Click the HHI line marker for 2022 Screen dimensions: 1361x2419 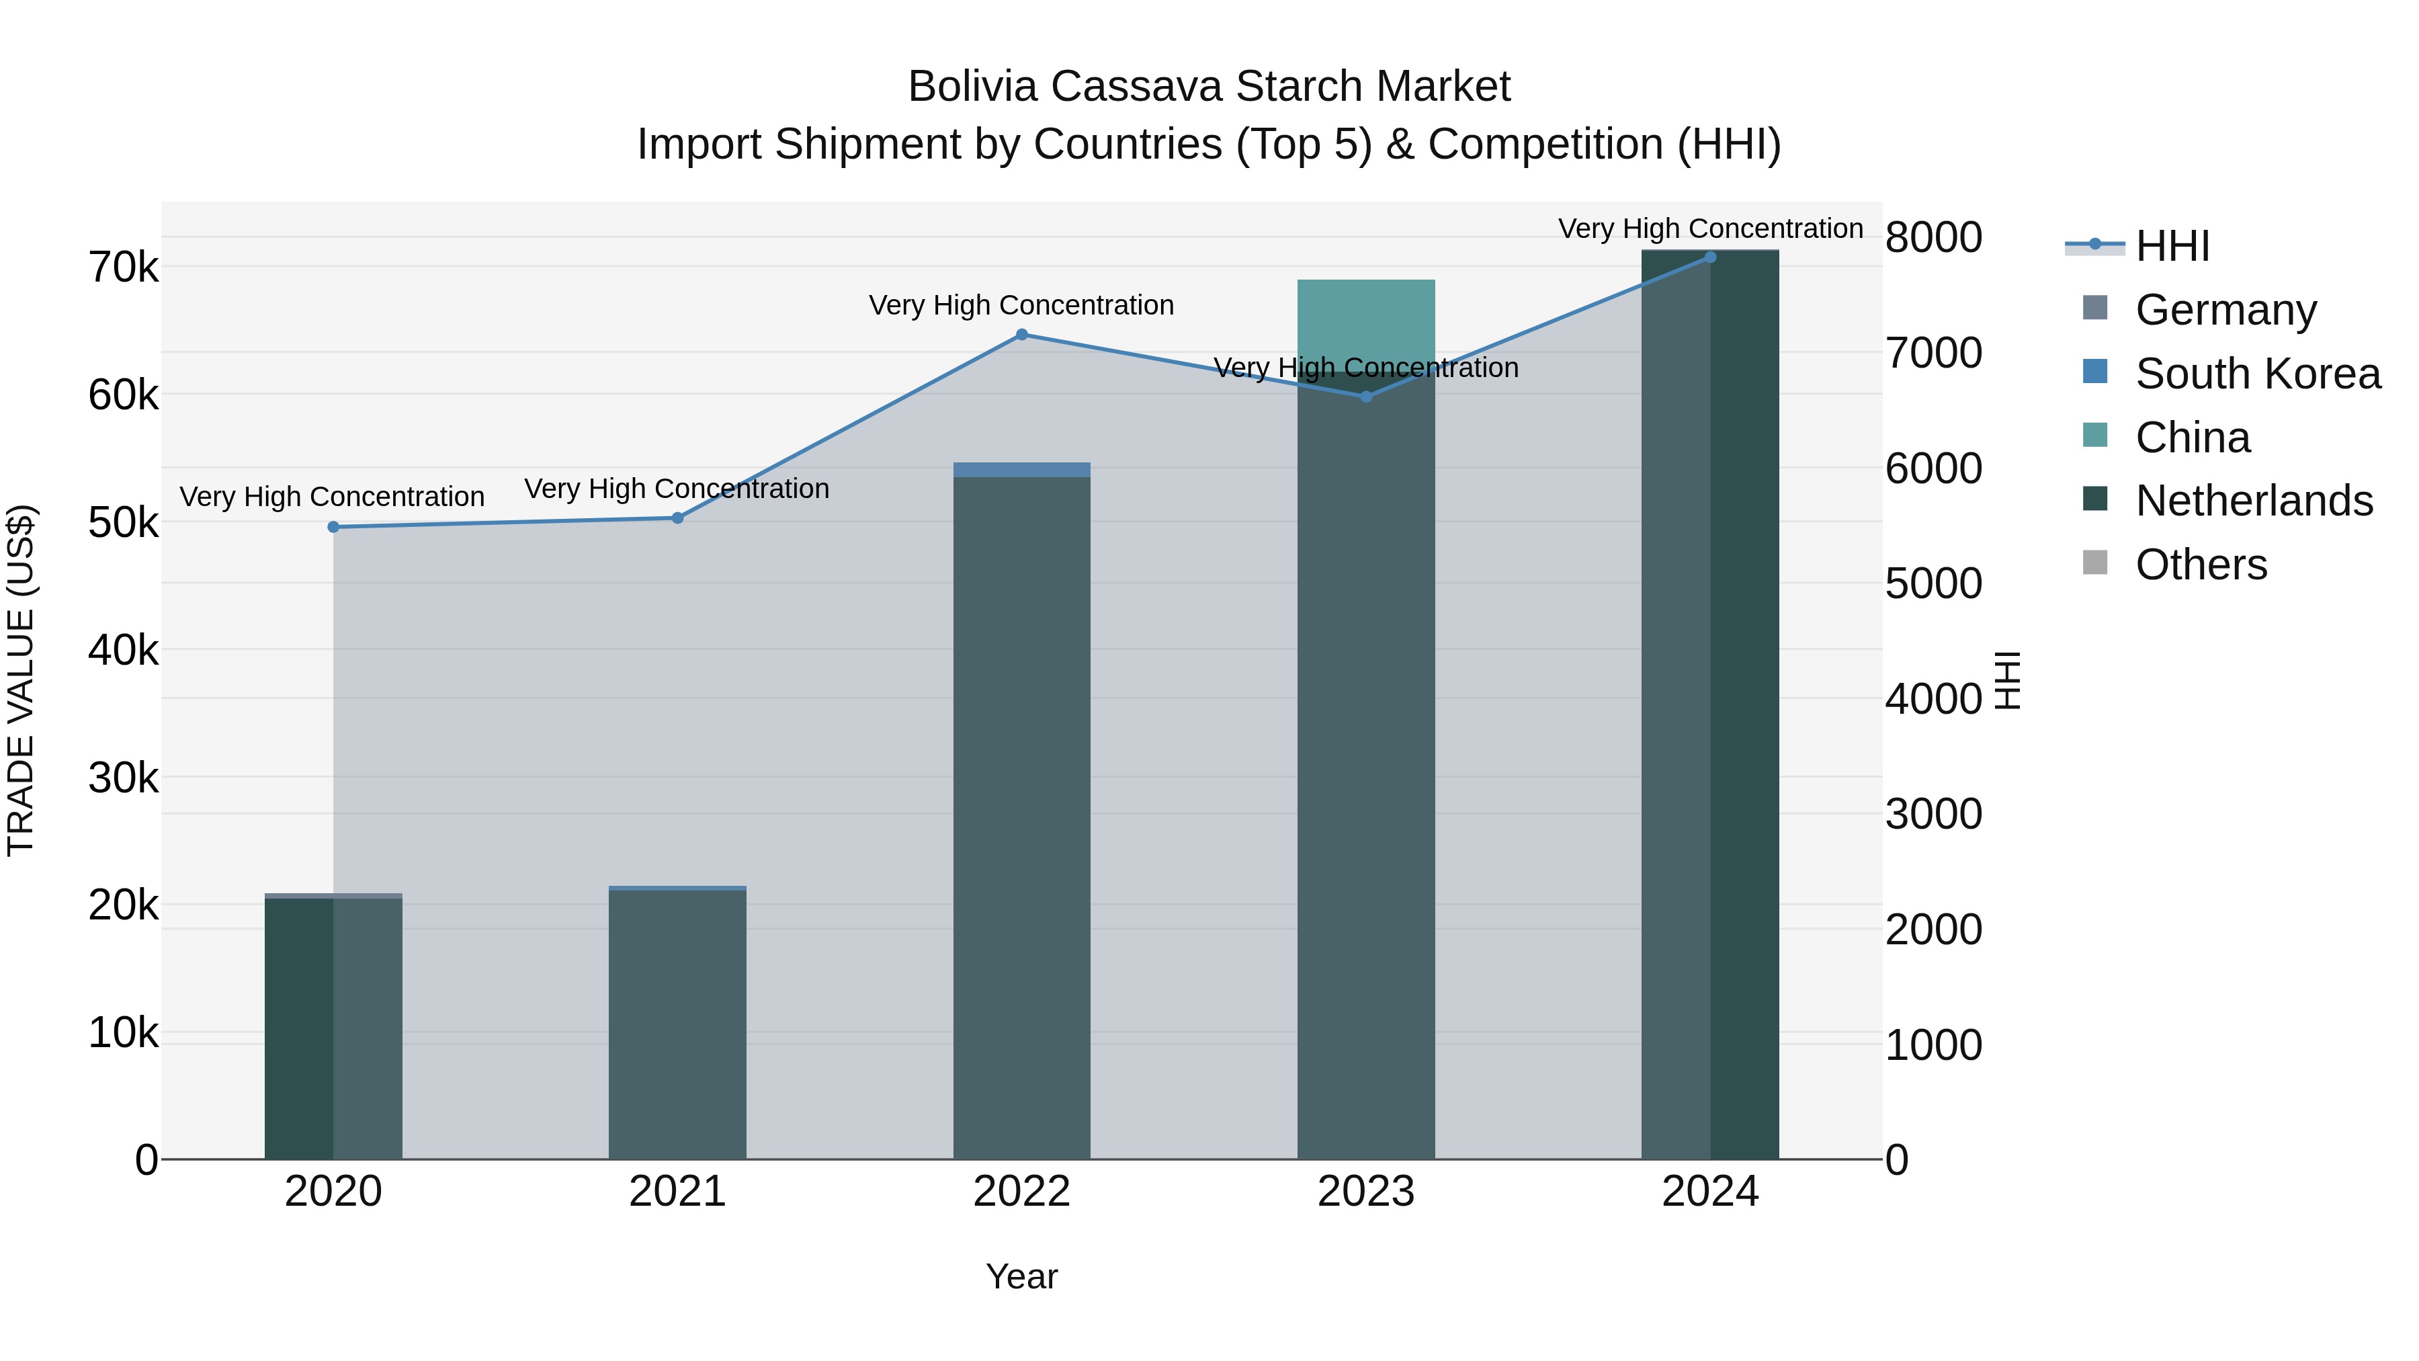[1021, 335]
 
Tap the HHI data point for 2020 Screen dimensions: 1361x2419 [333, 527]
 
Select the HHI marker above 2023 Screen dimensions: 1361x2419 [1366, 397]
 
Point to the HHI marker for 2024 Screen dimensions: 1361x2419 [1710, 257]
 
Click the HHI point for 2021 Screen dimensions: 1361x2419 [678, 518]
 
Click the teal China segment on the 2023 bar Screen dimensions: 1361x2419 [1366, 319]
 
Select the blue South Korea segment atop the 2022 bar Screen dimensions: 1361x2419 [1021, 470]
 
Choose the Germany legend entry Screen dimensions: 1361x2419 [2225, 309]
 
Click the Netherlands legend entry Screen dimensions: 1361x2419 [2254, 501]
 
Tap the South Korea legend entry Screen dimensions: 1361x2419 [2258, 373]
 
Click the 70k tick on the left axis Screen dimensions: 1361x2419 [124, 267]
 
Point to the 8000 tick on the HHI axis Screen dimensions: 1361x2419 [1933, 238]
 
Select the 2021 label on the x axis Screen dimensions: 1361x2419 [678, 1192]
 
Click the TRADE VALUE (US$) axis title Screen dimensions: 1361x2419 [22, 680]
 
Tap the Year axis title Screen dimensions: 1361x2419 [1021, 1276]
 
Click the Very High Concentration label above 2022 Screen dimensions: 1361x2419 [1021, 305]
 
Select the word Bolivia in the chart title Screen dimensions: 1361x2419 [973, 87]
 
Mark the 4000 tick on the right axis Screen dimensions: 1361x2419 [1933, 699]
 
